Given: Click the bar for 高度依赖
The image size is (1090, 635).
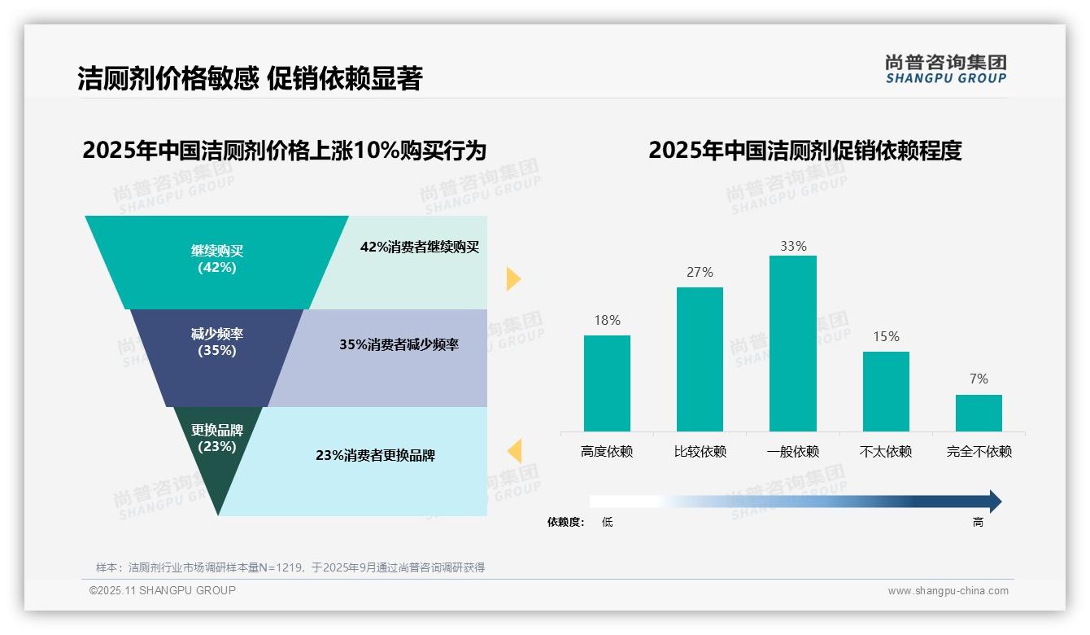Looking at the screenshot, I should click(607, 383).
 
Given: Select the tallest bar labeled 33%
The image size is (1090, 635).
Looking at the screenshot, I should click(792, 343).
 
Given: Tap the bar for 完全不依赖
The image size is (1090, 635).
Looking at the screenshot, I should click(979, 413).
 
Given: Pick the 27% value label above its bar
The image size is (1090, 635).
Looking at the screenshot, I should click(700, 273).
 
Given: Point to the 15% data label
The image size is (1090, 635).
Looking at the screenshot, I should click(886, 337).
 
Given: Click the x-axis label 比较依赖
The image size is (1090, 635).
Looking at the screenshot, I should click(700, 452).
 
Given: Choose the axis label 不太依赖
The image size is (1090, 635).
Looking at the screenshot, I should click(886, 452).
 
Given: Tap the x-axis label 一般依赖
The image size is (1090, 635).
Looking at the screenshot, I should click(792, 452).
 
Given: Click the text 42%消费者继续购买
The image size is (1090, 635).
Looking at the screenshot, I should click(420, 247).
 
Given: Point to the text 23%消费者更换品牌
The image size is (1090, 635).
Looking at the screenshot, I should click(375, 456).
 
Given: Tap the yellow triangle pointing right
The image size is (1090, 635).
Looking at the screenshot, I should click(512, 278).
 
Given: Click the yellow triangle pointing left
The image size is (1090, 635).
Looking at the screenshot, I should click(514, 450).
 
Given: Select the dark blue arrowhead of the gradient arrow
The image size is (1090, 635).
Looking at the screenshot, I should click(994, 501).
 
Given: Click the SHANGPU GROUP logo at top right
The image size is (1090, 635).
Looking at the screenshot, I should click(945, 69).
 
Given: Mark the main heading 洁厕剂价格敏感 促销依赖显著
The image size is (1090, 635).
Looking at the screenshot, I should click(250, 79).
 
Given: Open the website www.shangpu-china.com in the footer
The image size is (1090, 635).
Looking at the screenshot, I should click(948, 591).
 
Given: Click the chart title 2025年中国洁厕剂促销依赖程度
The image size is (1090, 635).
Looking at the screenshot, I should click(804, 151).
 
